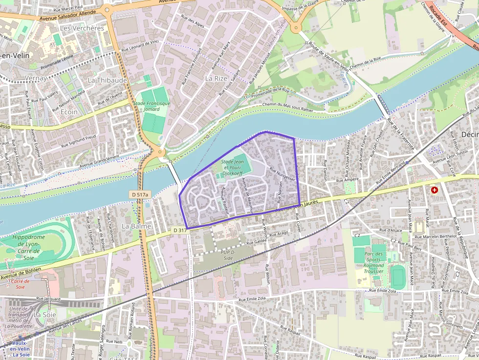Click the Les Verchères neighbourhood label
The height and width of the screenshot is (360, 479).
(82, 28)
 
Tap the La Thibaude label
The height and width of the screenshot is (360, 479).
(107, 80)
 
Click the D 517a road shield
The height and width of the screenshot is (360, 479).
(139, 194)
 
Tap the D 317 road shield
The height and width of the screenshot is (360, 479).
(180, 230)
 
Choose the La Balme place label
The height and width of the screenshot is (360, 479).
(136, 226)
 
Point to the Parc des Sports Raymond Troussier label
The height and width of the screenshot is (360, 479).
(373, 262)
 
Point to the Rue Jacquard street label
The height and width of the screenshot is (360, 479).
(48, 299)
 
